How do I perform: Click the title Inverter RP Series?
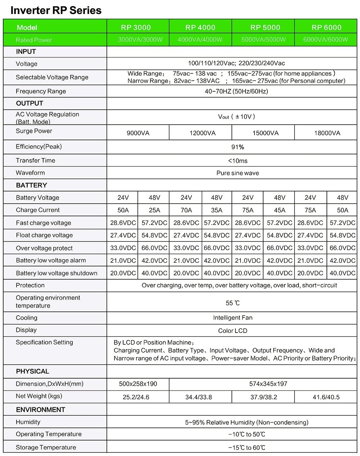pos(56,10)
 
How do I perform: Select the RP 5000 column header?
pos(265,27)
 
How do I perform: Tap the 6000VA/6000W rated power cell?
pos(325,40)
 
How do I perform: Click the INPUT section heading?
pos(26,51)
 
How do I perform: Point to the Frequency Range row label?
pos(41,91)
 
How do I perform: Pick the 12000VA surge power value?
pos(202,133)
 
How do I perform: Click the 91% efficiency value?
pos(238,147)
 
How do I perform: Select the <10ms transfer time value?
pos(238,161)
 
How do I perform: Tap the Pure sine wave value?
pos(238,173)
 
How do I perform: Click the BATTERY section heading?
pos(31,185)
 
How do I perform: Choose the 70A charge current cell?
pos(186,210)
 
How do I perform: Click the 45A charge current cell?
pos(279,210)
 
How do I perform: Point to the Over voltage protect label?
pos(44,248)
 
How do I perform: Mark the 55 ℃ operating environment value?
pos(233,303)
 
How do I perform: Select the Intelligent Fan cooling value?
pos(233,318)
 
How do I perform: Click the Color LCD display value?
pos(233,331)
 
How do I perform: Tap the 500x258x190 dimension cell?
pos(138,384)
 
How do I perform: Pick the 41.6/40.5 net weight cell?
pos(326,397)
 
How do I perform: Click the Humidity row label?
pos(28,422)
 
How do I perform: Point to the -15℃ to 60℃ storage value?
pos(247,448)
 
